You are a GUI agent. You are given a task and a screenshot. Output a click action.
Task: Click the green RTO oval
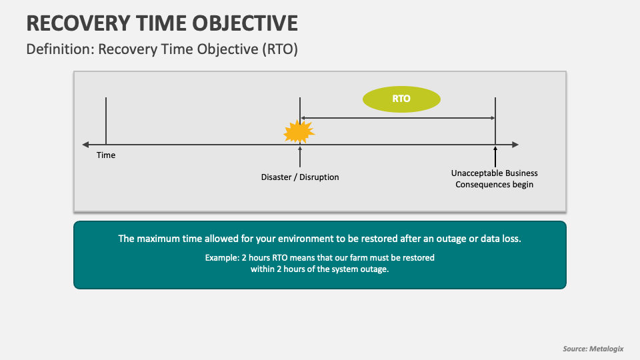coord(401,99)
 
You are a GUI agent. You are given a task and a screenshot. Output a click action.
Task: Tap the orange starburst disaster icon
coord(299,131)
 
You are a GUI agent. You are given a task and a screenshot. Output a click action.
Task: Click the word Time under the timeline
coord(106,155)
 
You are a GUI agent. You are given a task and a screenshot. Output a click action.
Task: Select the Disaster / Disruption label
coord(300,177)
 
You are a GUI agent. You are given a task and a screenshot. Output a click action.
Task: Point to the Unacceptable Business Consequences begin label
coord(494,179)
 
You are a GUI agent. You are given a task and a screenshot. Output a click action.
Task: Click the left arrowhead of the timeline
coord(85,145)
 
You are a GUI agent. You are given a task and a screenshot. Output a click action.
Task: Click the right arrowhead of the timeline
coord(515,145)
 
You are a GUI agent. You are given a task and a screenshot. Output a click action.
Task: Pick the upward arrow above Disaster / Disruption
coord(300,157)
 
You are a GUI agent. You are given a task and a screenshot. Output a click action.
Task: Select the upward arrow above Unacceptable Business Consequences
coord(495,157)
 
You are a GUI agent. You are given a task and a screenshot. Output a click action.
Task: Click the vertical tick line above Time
coord(106,121)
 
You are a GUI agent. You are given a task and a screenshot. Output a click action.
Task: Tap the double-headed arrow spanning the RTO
coord(398,118)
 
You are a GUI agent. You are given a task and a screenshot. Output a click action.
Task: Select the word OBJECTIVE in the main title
coord(245,23)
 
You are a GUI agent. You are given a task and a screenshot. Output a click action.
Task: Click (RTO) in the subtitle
coord(280,49)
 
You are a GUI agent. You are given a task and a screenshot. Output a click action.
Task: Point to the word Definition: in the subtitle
coord(61,49)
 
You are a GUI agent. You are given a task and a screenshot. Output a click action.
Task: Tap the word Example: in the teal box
coord(222,258)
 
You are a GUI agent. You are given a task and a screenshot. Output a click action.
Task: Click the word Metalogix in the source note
coord(607,349)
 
